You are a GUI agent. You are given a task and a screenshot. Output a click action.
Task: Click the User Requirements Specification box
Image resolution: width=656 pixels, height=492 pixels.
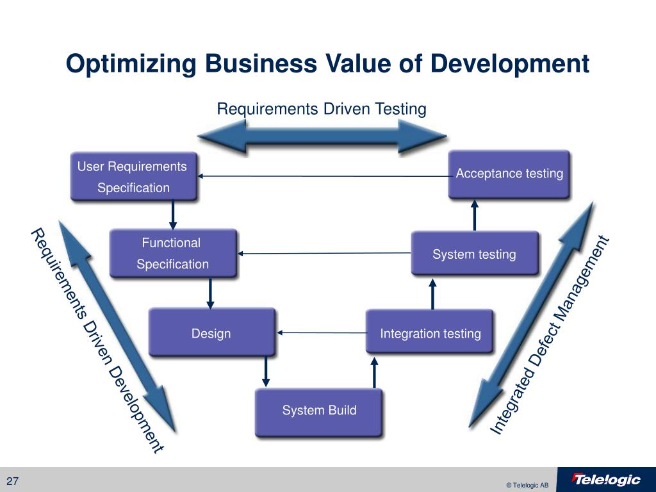(134, 177)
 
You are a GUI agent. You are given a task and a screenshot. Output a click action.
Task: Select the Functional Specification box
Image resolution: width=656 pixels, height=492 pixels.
(173, 253)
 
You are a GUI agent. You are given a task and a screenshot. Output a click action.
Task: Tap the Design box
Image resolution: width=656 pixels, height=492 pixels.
(211, 332)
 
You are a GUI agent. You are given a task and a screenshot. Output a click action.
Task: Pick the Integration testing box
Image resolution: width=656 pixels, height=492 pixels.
(430, 332)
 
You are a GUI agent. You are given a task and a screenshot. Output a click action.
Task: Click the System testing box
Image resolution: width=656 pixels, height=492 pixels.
(474, 254)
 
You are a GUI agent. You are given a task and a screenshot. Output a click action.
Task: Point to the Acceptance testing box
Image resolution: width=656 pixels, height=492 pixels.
(509, 174)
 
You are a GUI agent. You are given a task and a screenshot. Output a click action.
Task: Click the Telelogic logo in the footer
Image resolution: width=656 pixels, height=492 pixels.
(606, 480)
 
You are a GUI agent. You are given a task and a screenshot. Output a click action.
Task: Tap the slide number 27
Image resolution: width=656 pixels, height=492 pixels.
(13, 482)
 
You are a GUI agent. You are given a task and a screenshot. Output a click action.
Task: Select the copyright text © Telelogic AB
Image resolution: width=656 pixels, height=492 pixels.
(527, 485)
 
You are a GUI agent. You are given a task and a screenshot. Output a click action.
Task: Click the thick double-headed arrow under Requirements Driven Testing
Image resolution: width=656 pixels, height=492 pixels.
(321, 136)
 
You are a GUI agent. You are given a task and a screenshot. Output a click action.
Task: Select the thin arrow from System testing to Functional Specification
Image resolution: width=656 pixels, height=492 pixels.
(325, 254)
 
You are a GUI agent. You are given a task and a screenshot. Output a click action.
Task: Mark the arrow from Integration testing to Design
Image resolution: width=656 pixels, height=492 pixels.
(321, 332)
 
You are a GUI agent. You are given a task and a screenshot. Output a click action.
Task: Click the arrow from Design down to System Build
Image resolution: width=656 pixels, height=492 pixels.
(266, 372)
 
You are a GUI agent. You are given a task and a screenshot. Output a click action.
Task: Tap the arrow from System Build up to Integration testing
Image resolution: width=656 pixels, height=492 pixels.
(375, 372)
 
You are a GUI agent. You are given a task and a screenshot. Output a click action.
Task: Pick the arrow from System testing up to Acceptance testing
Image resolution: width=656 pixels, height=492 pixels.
(475, 215)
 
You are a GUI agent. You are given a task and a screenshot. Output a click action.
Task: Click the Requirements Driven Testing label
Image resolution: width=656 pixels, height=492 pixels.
(321, 109)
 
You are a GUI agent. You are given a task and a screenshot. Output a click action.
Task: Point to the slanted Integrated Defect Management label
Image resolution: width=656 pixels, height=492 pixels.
(550, 336)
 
